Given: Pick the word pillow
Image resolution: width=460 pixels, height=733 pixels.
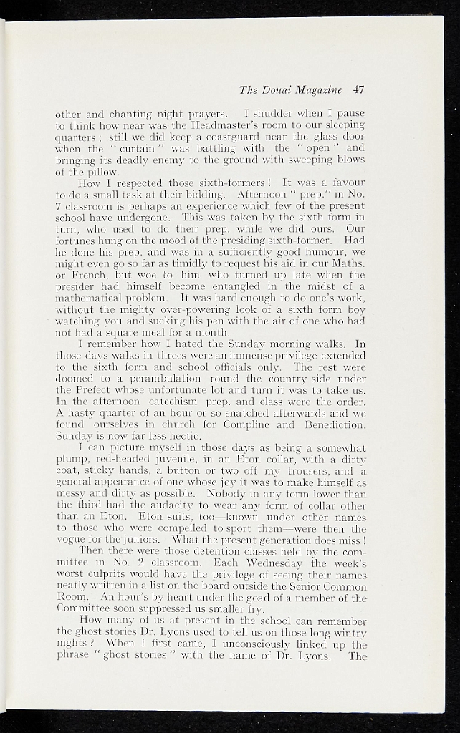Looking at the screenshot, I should (x=87, y=172).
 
